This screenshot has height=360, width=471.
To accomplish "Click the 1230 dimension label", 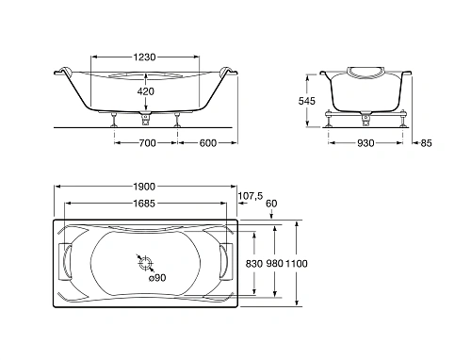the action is [x=144, y=57].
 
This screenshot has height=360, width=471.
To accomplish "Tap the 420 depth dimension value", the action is [x=146, y=91].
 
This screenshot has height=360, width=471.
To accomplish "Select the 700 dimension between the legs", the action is [x=147, y=143].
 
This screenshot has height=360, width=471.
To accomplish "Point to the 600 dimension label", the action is [x=208, y=143].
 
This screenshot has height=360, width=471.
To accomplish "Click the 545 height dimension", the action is [x=307, y=101].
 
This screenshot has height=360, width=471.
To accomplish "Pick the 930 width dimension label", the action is [x=365, y=143].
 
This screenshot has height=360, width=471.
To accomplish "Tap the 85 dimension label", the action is [x=427, y=143].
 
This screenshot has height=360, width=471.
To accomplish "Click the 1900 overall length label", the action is [x=144, y=187].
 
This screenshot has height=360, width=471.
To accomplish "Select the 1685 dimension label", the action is [x=144, y=204].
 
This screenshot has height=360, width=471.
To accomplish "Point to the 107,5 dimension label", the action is [x=251, y=196].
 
